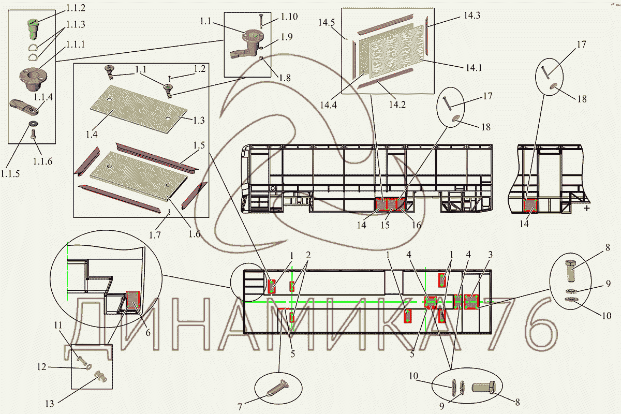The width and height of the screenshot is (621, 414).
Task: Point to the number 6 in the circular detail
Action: (147, 332)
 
